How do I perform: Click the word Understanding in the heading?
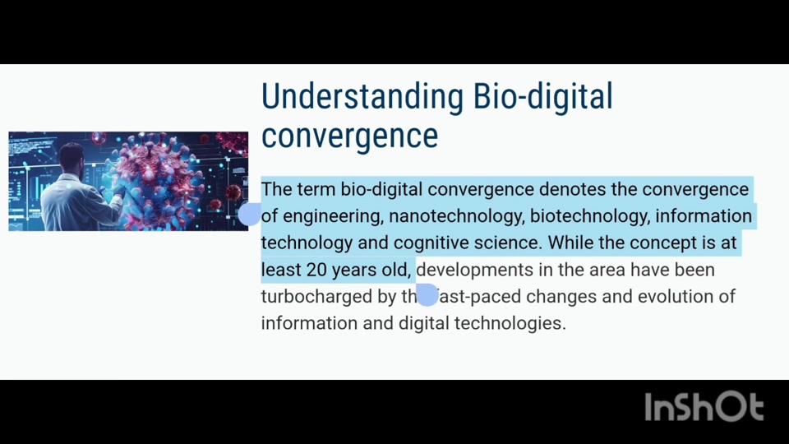point(362,97)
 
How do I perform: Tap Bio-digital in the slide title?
point(543,97)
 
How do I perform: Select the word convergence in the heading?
point(350,136)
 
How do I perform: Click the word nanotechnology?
point(456,216)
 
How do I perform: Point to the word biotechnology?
point(590,216)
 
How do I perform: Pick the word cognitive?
point(431,243)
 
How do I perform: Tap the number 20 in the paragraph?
point(316,270)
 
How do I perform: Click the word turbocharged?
point(316,297)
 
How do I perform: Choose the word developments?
point(474,271)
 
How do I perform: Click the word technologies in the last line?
point(510,323)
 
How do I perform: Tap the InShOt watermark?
point(704,407)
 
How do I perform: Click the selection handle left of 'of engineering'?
point(250,214)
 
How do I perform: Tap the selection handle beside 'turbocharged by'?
point(427,294)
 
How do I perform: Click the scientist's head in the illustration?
point(72,158)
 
